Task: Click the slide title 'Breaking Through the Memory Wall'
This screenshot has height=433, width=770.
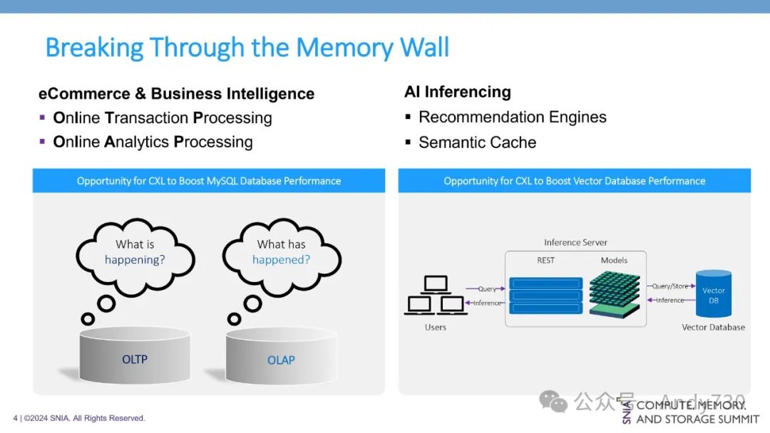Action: pyautogui.click(x=247, y=48)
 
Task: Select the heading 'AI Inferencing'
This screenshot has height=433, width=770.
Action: pyautogui.click(x=457, y=92)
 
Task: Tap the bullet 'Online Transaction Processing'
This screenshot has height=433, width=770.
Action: pyautogui.click(x=163, y=118)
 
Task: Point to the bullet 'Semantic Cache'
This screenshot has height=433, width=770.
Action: pyautogui.click(x=477, y=142)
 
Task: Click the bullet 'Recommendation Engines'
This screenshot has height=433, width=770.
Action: pyautogui.click(x=512, y=118)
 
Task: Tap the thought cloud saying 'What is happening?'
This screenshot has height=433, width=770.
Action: pyautogui.click(x=135, y=252)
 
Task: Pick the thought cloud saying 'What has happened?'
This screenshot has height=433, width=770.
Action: pyautogui.click(x=281, y=252)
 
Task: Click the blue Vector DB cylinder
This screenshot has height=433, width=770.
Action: pyautogui.click(x=714, y=294)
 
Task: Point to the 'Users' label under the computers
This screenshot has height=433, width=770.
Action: pyautogui.click(x=435, y=328)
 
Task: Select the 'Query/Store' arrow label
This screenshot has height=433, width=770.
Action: pyautogui.click(x=670, y=286)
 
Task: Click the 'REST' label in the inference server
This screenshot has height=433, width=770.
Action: pyautogui.click(x=545, y=261)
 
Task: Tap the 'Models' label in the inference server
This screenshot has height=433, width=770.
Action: pyautogui.click(x=614, y=261)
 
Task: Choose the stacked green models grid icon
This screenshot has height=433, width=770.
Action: pyautogui.click(x=614, y=293)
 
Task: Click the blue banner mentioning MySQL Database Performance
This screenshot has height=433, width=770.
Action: pyautogui.click(x=209, y=181)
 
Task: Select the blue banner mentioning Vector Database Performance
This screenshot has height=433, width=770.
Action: pyautogui.click(x=574, y=181)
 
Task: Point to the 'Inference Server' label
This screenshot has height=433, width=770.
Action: pyautogui.click(x=575, y=243)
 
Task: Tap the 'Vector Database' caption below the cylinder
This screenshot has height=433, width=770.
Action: pyautogui.click(x=713, y=328)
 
